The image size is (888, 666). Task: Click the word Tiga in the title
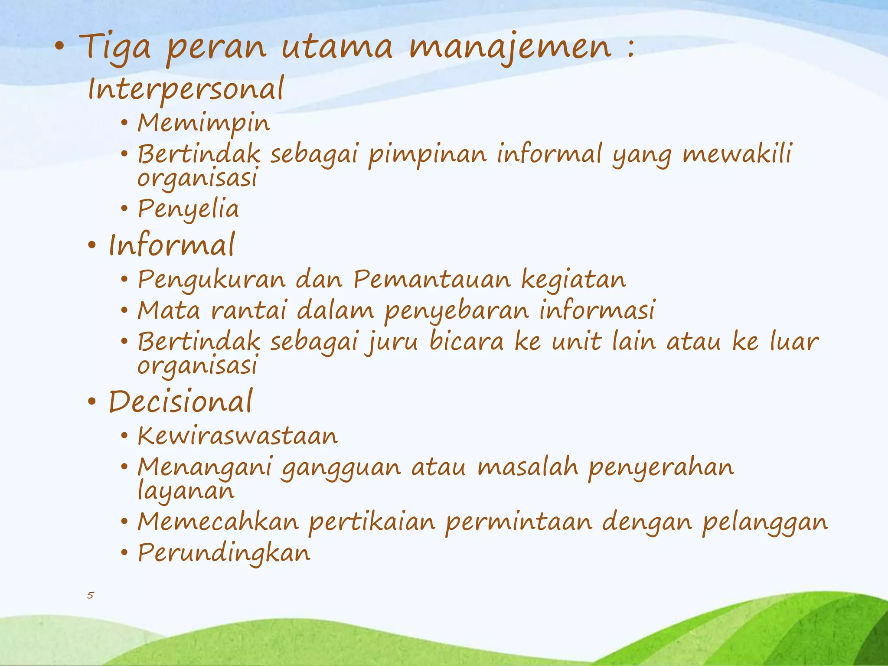click(x=115, y=47)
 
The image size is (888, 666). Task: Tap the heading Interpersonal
click(x=186, y=89)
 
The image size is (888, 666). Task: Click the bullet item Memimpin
click(x=204, y=123)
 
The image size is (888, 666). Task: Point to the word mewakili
click(x=737, y=154)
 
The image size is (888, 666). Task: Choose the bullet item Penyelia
click(x=188, y=209)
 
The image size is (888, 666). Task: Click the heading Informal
click(x=172, y=245)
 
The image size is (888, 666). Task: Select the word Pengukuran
click(x=212, y=280)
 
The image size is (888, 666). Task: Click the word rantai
click(x=249, y=310)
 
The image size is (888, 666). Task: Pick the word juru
click(x=392, y=342)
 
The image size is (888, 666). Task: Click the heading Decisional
click(x=180, y=402)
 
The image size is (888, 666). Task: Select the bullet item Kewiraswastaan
click(x=238, y=436)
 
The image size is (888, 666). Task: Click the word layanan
click(x=186, y=491)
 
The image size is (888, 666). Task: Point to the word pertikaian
click(x=372, y=522)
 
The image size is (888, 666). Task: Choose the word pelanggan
click(x=765, y=522)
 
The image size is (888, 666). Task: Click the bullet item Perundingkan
click(x=224, y=553)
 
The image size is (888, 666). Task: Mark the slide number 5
click(x=90, y=595)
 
